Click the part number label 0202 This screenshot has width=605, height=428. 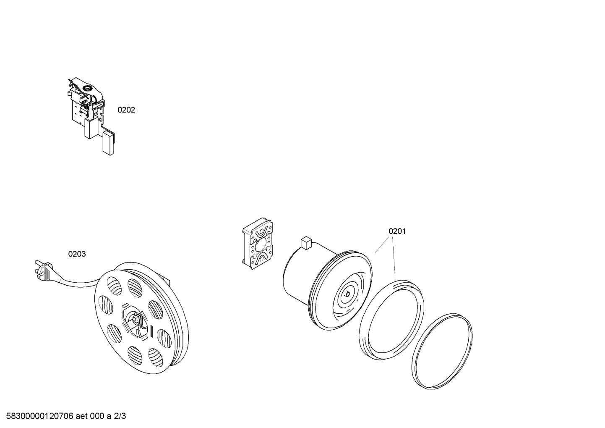click(x=126, y=110)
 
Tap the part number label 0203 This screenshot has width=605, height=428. click(x=77, y=254)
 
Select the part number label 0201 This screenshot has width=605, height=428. click(x=397, y=231)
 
